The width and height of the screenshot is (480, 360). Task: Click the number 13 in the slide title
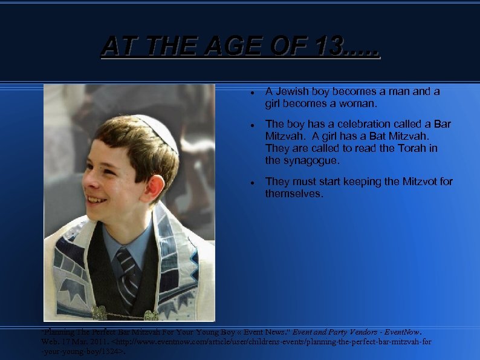click(x=329, y=46)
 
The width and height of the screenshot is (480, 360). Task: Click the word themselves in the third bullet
click(x=294, y=194)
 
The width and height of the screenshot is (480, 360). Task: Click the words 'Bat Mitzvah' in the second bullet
click(x=397, y=136)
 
